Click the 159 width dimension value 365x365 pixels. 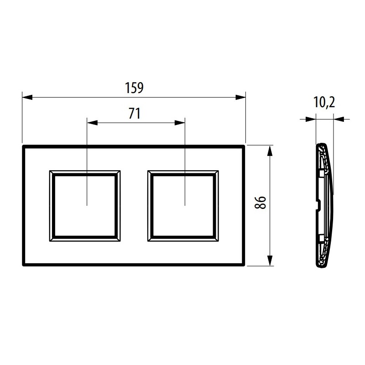[x=134, y=87]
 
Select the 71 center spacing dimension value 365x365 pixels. [x=134, y=114]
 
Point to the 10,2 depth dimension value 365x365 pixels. [x=324, y=103]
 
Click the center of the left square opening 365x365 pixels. [x=86, y=205]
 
